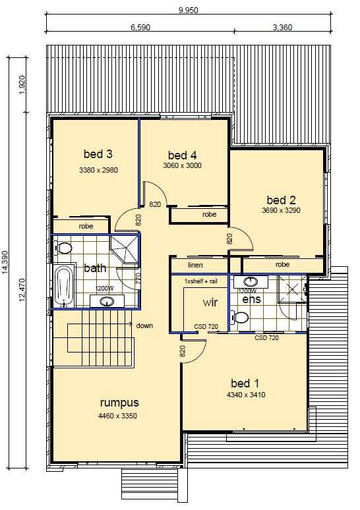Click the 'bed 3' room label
(x=98, y=154)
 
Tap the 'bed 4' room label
(x=182, y=155)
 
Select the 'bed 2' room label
(x=282, y=200)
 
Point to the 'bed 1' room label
(x=245, y=383)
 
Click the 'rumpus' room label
(x=119, y=403)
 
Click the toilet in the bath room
(x=63, y=248)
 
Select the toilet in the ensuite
(x=239, y=318)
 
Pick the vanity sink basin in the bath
(x=107, y=302)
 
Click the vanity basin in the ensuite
(x=251, y=281)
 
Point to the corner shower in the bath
(x=125, y=250)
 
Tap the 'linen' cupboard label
(x=195, y=265)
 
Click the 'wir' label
(x=210, y=302)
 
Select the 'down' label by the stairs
(x=144, y=326)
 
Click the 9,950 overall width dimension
(x=188, y=10)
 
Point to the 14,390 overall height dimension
(x=5, y=262)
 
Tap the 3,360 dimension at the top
(x=282, y=27)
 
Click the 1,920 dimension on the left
(x=22, y=85)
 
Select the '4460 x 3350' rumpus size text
(x=117, y=416)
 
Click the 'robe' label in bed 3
(x=86, y=226)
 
